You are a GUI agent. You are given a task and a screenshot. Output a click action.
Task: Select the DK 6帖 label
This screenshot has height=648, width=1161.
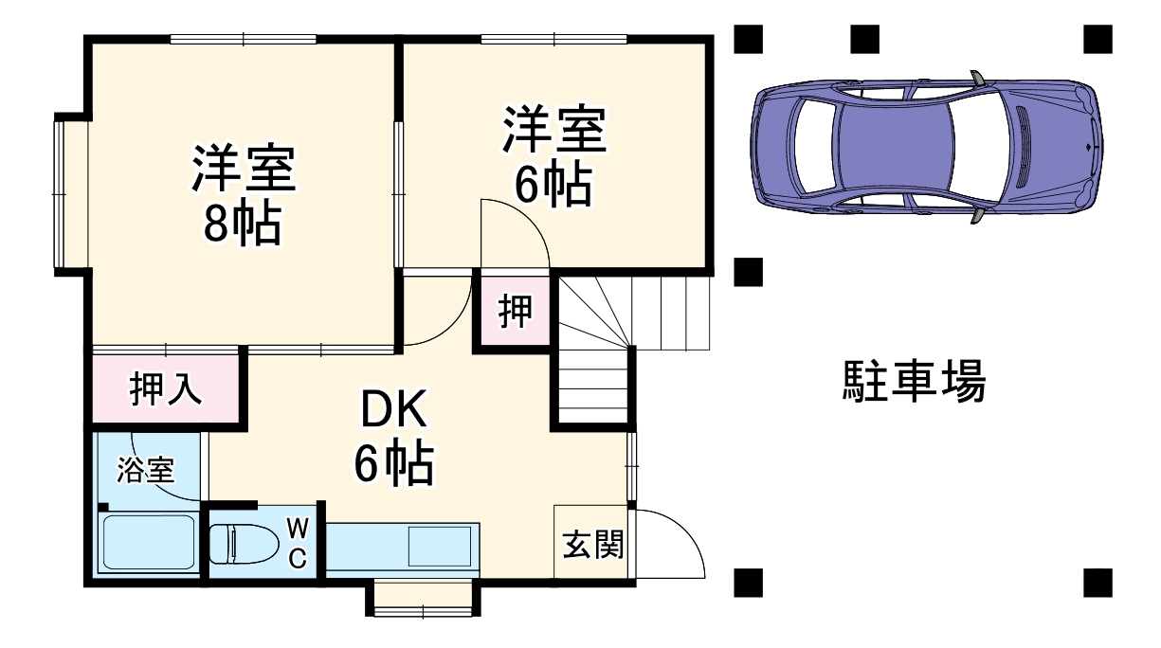[393, 437]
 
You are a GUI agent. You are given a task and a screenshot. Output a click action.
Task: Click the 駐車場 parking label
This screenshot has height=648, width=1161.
[915, 381]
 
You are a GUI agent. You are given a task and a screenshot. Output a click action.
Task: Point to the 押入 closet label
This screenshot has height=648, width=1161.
[166, 389]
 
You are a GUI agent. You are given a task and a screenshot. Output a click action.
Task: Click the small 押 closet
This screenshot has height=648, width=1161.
[515, 312]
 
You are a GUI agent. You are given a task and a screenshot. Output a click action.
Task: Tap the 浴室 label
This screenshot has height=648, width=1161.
[146, 470]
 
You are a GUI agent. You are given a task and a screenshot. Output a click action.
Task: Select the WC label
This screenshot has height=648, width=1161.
[297, 543]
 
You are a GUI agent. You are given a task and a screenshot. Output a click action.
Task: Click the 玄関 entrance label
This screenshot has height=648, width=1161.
[592, 545]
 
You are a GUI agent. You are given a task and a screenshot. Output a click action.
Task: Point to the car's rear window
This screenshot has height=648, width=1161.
[813, 147]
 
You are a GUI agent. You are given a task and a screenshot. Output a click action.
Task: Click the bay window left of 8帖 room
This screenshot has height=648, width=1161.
[59, 194]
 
